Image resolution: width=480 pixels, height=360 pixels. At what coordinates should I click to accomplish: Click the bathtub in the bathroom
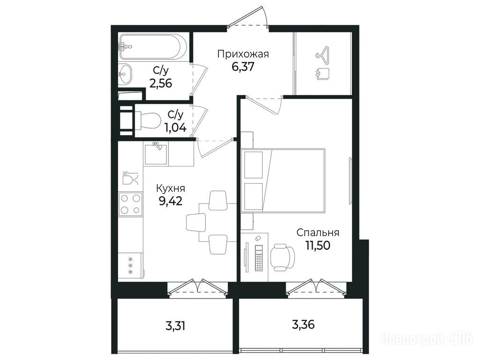click(153, 47)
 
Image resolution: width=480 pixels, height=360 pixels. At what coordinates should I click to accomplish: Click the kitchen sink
click(156, 154)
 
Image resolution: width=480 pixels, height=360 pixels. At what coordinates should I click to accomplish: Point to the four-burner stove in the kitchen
click(130, 204)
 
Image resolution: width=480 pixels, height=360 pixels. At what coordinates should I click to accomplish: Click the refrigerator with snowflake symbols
click(131, 265)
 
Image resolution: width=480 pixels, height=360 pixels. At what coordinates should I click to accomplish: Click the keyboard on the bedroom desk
click(259, 258)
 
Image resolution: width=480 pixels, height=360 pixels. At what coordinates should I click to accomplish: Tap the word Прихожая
click(243, 54)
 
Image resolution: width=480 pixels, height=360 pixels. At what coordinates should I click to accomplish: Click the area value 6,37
click(243, 67)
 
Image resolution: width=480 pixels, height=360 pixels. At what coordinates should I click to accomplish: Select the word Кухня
click(171, 187)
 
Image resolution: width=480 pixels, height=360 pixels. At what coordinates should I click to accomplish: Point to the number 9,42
click(171, 201)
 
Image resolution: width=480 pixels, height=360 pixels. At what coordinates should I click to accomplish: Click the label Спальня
click(318, 232)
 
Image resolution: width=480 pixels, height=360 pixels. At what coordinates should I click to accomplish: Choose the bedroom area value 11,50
click(318, 245)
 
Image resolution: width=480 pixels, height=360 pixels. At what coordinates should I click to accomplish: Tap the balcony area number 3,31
click(175, 326)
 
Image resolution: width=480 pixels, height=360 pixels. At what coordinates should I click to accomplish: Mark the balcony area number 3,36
click(303, 324)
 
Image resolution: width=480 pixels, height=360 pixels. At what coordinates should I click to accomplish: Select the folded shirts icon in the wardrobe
click(322, 74)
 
